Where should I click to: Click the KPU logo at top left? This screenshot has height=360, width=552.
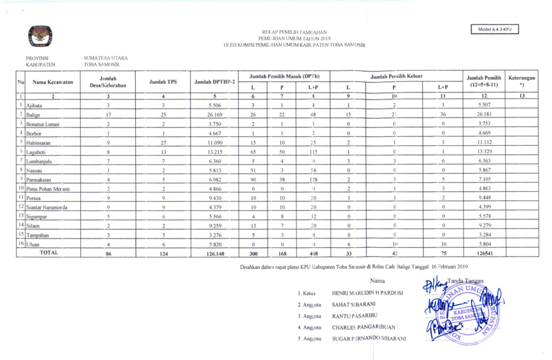point(40,37)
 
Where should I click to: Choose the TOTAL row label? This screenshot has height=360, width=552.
point(49,253)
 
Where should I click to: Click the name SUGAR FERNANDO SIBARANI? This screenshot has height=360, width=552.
point(369,338)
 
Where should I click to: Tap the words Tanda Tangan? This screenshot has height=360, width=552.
point(466,280)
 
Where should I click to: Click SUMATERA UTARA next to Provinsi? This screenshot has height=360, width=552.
point(106,58)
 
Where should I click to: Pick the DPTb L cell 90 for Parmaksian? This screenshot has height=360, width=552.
point(253,179)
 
